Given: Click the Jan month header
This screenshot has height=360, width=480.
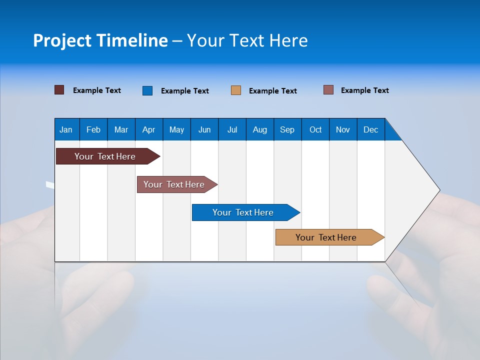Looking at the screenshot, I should (x=66, y=129).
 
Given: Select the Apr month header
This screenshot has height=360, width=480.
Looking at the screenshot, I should (x=148, y=129).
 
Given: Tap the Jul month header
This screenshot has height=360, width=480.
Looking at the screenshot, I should (x=232, y=129).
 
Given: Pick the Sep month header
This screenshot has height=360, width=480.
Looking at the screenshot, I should (x=287, y=129).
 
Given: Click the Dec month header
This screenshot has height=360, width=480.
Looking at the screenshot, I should (x=370, y=129).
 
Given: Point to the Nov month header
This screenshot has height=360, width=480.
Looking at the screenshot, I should (x=342, y=129).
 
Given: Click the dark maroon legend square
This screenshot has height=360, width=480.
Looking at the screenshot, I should (x=59, y=90).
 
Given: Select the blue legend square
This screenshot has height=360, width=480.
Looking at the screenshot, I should (x=147, y=90).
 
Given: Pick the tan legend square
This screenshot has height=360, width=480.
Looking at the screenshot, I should (x=235, y=90).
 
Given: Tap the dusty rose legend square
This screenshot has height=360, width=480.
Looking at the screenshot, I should (x=328, y=90).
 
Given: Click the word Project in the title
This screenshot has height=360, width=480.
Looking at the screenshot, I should (x=62, y=40).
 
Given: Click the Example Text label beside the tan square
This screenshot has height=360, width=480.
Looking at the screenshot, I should (x=272, y=91).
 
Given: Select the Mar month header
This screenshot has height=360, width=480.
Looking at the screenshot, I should (x=121, y=129).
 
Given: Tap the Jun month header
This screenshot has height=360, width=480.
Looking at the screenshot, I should (x=204, y=129).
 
